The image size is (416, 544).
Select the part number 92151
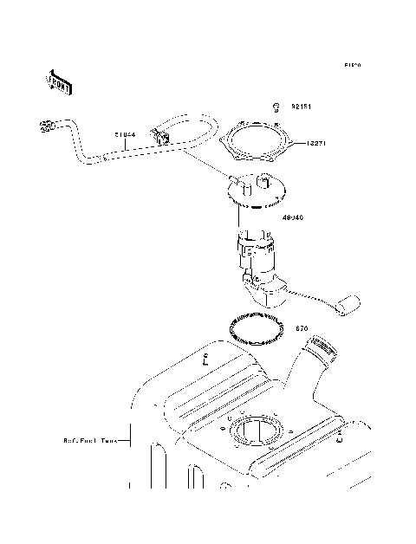(301, 107)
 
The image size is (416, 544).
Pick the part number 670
(302, 329)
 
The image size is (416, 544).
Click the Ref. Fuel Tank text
(92, 440)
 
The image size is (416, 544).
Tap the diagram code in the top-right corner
(351, 64)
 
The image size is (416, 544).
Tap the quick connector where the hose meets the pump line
(161, 137)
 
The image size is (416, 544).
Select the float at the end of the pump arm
(351, 304)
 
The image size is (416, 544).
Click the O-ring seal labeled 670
(257, 329)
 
